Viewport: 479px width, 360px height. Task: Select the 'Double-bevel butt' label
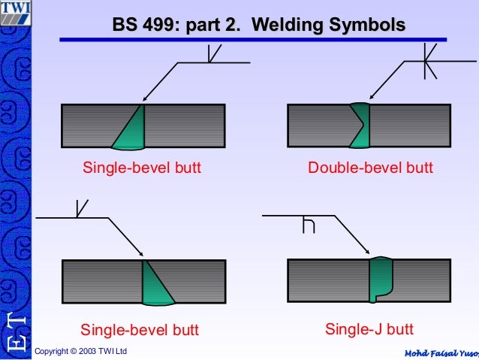coord(370,168)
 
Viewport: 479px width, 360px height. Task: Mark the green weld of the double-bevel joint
coord(360,124)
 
